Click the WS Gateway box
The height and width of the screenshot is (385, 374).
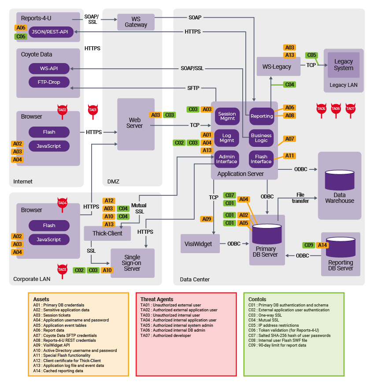(x=136, y=22)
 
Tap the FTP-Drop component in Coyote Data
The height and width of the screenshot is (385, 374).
(x=49, y=82)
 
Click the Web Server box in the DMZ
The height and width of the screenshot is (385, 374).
(x=135, y=123)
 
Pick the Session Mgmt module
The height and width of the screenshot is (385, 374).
(x=227, y=116)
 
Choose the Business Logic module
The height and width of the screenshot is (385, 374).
(x=261, y=138)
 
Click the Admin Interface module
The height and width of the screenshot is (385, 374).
(x=226, y=159)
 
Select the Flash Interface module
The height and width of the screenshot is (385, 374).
(x=261, y=159)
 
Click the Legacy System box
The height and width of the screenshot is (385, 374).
(x=344, y=65)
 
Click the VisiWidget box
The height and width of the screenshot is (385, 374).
(x=200, y=244)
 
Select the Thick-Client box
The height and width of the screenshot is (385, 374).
(x=107, y=233)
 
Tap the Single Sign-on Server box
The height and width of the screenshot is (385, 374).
(x=132, y=263)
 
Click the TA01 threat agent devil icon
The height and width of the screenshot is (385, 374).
(x=93, y=112)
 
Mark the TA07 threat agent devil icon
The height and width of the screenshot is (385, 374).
(x=350, y=110)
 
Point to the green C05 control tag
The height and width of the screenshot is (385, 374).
(x=311, y=55)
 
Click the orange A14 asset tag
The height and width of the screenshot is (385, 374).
(x=322, y=245)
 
